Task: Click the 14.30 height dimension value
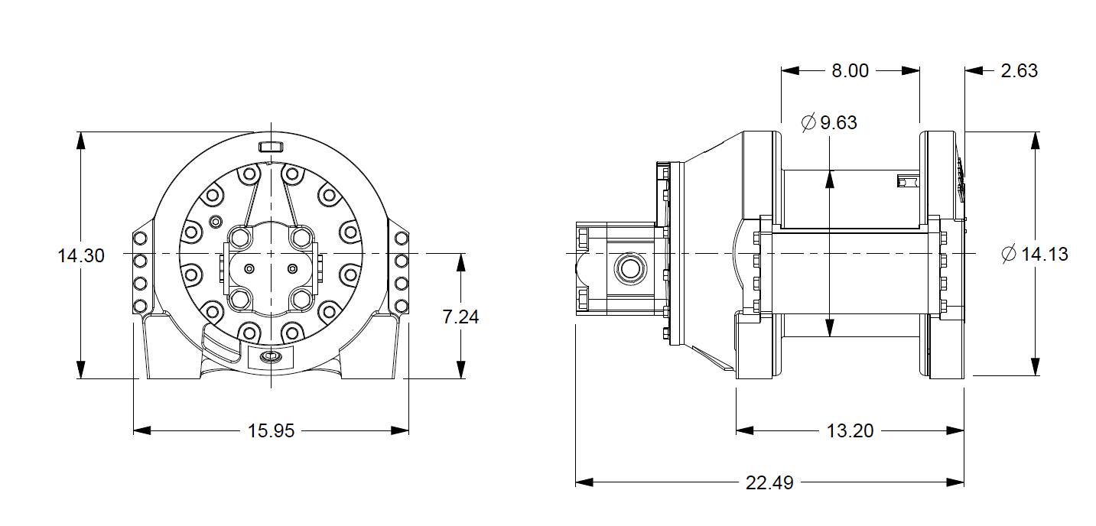pyautogui.click(x=81, y=256)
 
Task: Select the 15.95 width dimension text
pyautogui.click(x=271, y=431)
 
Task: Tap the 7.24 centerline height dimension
pyautogui.click(x=460, y=317)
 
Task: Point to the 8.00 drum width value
pyautogui.click(x=850, y=71)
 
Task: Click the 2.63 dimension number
pyautogui.click(x=1019, y=71)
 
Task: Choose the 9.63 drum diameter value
pyautogui.click(x=838, y=123)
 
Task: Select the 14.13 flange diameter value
pyautogui.click(x=1044, y=255)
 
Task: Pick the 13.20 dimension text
pyautogui.click(x=850, y=431)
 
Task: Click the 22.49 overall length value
pyautogui.click(x=769, y=483)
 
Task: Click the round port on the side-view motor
pyautogui.click(x=631, y=268)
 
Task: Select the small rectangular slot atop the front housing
pyautogui.click(x=271, y=146)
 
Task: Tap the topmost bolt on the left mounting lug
pyautogui.click(x=140, y=239)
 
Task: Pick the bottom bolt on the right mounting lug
pyautogui.click(x=402, y=307)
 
